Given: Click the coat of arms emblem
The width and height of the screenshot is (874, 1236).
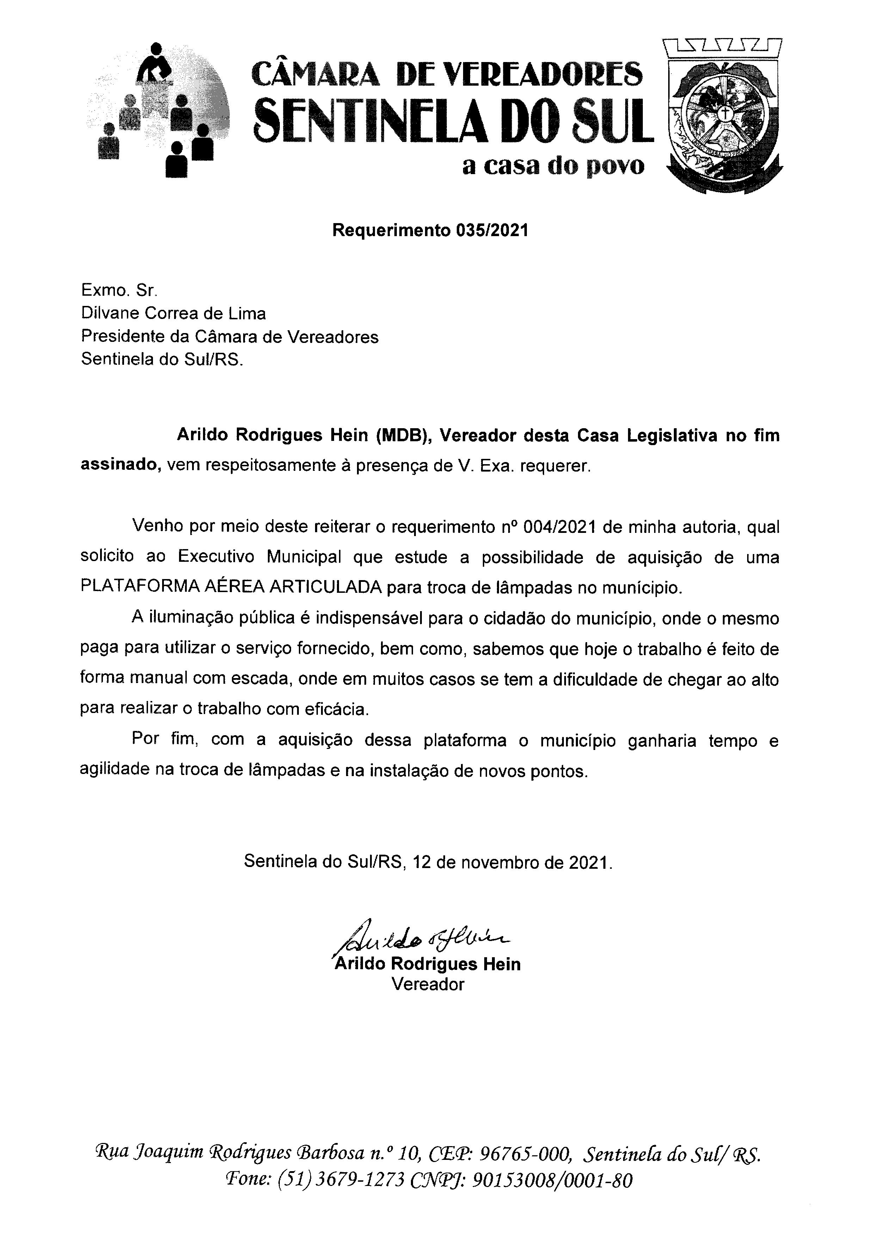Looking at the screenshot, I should (x=722, y=116).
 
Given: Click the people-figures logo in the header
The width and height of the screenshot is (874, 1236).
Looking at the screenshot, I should (x=158, y=110).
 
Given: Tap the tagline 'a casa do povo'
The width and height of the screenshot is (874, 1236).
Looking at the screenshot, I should (x=553, y=167).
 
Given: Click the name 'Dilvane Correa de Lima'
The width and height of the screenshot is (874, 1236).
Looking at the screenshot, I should (x=173, y=313).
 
